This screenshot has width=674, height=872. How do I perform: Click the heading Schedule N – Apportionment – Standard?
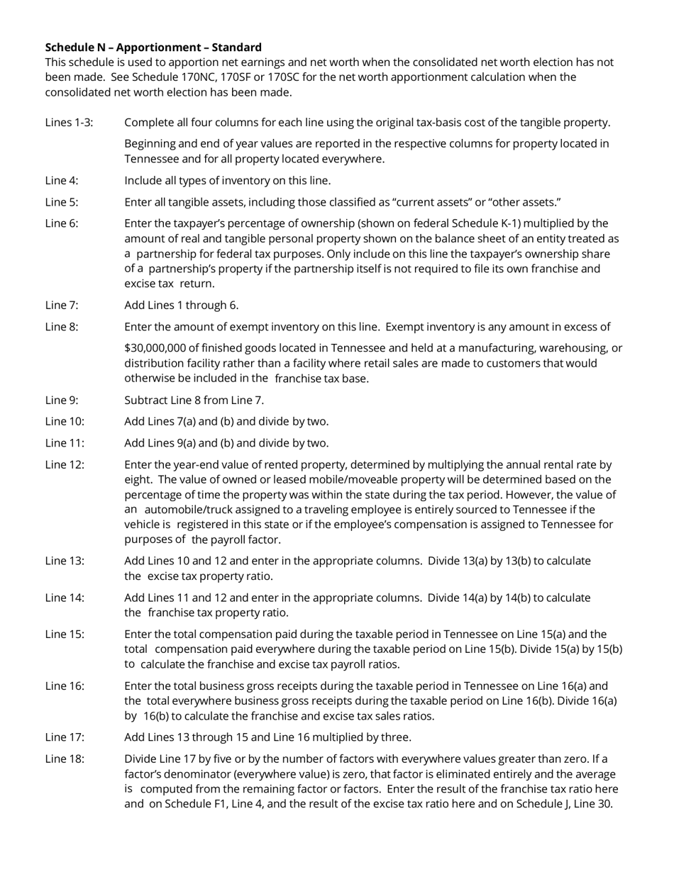153,47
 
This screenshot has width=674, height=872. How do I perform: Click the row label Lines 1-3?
69,123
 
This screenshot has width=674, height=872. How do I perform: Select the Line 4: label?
62,181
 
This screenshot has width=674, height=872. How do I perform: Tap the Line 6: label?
62,223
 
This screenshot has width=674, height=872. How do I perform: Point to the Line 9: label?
62,400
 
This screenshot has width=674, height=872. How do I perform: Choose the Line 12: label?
65,465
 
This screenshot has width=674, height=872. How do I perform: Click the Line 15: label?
65,635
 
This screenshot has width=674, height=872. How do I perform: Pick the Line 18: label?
65,759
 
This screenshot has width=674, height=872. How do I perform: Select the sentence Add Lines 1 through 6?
181,306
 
